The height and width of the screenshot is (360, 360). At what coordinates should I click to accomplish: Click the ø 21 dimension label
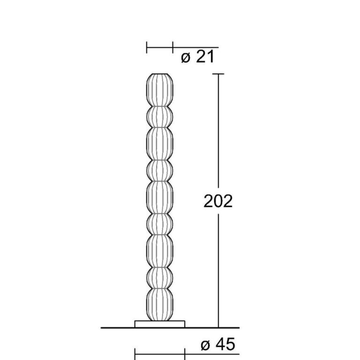198,57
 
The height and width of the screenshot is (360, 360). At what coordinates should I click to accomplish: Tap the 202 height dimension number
218,202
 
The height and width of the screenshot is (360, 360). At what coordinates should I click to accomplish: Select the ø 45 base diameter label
218,345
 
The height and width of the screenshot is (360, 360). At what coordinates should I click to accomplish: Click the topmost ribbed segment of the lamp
160,90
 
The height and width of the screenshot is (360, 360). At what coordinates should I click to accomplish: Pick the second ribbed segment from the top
160,117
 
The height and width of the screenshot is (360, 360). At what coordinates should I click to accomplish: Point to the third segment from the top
160,144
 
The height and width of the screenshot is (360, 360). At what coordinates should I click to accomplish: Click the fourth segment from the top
160,171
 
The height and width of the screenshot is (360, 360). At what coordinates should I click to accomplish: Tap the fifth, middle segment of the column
160,198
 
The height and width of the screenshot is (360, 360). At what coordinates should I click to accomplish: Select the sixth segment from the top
160,225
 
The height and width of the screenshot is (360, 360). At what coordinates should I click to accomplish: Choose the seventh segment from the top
160,251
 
